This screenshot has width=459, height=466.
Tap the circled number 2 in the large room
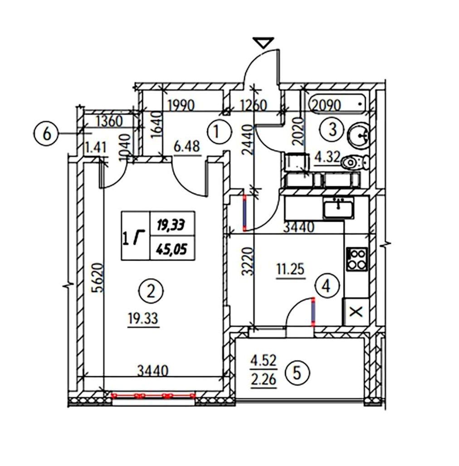click(151, 291)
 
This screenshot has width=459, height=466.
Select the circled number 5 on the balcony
click(297, 373)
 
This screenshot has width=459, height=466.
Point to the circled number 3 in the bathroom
click(332, 130)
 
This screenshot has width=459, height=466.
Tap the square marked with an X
click(356, 312)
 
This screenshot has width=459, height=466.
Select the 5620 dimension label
click(99, 277)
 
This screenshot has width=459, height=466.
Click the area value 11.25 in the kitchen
click(290, 269)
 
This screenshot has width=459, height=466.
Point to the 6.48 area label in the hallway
click(187, 146)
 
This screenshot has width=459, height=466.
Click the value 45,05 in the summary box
click(172, 248)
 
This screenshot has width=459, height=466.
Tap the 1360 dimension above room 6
click(110, 121)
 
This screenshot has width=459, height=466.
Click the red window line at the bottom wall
click(153, 395)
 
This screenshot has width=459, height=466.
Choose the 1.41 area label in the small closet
click(95, 147)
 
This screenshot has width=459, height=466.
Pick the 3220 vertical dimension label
click(248, 262)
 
